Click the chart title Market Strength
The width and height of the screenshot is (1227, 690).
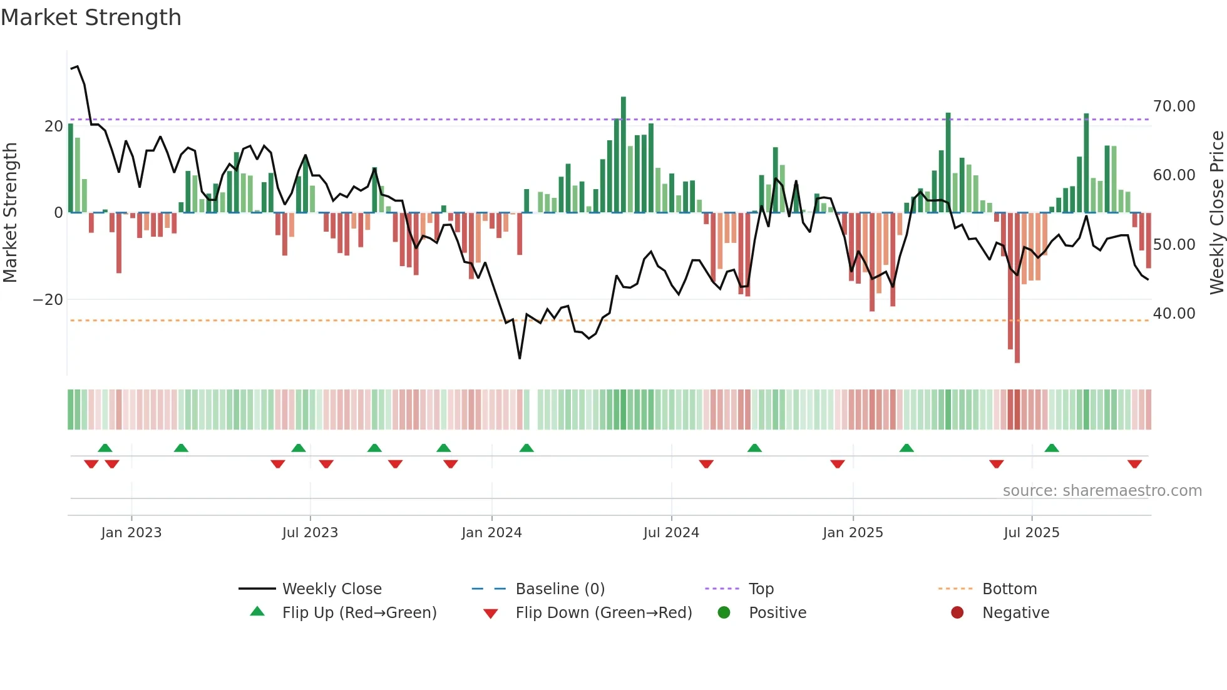[91, 18]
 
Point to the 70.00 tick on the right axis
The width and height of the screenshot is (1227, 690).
[1174, 106]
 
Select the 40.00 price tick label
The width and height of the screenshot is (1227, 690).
[1174, 314]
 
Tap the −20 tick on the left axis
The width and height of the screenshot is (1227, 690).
[48, 300]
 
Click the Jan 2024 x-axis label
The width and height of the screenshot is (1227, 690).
[491, 533]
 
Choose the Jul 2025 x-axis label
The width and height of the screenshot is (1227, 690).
[1031, 533]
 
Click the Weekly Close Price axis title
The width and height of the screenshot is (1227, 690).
[1216, 213]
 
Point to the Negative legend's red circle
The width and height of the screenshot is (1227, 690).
[957, 612]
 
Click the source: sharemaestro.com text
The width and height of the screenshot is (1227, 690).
[1102, 491]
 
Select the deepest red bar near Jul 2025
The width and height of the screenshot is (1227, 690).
[1017, 288]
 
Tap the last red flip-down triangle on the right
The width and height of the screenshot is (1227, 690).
[1134, 464]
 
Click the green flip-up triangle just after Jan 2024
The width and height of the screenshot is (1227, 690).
[526, 448]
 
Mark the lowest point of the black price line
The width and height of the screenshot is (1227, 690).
[520, 358]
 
